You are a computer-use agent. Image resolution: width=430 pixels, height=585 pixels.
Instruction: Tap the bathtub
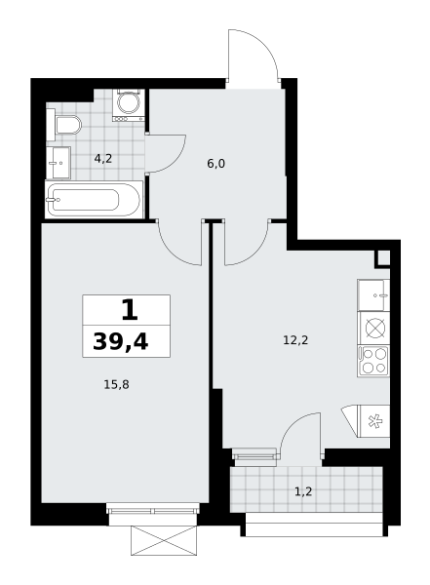click(94, 200)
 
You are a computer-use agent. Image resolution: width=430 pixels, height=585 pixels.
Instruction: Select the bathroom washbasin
click(59, 163)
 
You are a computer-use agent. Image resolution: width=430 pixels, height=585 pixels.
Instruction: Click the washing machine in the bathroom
click(129, 105)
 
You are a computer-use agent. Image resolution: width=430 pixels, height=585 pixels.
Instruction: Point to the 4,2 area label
click(103, 159)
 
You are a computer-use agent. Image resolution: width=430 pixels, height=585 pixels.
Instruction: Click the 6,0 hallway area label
click(216, 164)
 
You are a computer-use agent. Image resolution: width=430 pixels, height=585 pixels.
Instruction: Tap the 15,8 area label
click(116, 384)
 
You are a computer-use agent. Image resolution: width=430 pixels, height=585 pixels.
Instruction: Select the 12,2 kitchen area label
click(295, 340)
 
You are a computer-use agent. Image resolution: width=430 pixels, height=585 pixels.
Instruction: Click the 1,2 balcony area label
click(303, 491)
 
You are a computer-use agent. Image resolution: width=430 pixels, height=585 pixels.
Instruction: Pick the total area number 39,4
click(121, 341)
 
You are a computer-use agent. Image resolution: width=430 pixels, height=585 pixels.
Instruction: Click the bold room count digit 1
click(130, 310)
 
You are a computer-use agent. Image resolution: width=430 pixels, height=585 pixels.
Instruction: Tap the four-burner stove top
click(373, 361)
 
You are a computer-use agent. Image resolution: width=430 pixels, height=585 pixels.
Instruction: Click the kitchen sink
click(373, 295)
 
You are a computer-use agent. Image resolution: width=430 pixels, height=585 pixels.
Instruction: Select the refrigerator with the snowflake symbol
click(374, 421)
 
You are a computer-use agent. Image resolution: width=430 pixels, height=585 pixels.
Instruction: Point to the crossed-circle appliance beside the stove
click(373, 329)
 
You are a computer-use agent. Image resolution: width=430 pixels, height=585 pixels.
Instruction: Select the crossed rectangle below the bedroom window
click(164, 540)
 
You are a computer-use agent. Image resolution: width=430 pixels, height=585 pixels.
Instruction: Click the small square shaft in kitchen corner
click(382, 258)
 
